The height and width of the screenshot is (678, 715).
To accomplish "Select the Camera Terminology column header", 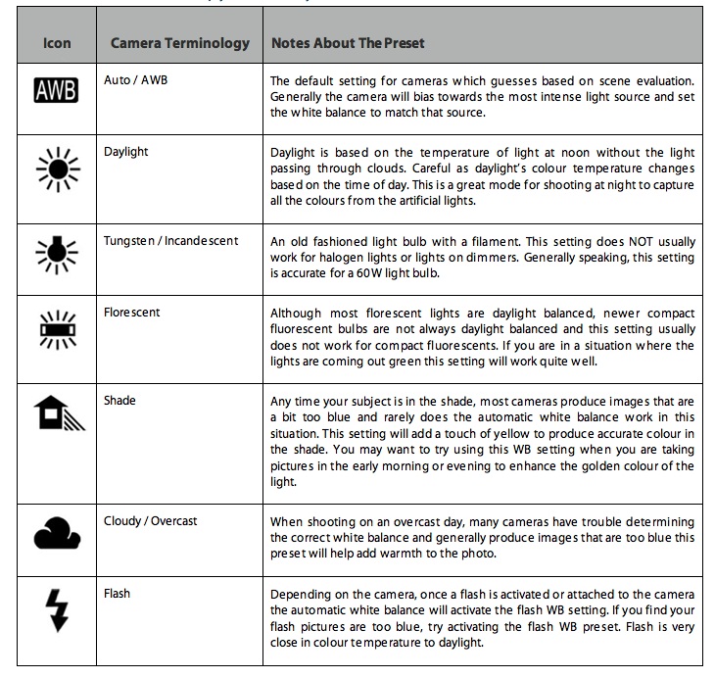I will pos(180,44).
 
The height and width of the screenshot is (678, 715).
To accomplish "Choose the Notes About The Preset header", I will pos(348,44).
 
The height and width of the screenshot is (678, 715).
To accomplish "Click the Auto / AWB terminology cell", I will pos(135,79).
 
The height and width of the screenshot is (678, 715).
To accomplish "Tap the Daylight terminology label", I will pos(127,152).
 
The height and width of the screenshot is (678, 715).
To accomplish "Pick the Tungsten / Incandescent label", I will pos(170,241).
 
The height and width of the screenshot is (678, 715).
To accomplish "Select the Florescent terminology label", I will pos(131,313).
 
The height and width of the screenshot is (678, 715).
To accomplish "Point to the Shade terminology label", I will pos(119,400).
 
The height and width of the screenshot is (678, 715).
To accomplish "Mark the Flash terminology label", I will pos(117,593).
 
